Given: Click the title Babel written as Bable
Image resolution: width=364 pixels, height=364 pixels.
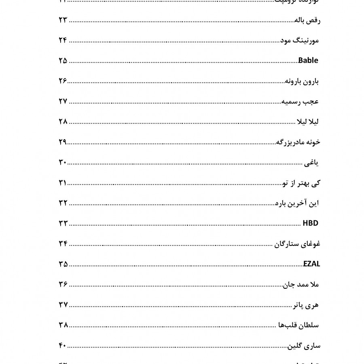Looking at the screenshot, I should [x=308, y=61].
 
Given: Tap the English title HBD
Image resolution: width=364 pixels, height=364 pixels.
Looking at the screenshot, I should [x=311, y=223].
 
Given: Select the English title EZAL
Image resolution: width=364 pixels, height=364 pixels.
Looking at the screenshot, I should [x=311, y=264].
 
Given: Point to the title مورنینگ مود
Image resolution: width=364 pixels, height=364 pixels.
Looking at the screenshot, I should [x=300, y=41].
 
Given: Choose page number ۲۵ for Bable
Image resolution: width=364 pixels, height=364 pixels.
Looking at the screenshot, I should [x=63, y=61].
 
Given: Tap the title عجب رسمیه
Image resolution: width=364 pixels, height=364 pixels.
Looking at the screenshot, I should [x=300, y=102].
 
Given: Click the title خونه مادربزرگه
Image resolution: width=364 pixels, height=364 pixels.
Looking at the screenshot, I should [x=298, y=142].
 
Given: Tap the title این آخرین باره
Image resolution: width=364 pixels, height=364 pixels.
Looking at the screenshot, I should [x=297, y=203].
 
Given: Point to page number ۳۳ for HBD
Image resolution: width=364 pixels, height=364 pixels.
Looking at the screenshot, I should [x=63, y=223].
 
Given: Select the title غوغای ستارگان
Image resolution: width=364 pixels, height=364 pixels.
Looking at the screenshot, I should [x=298, y=244].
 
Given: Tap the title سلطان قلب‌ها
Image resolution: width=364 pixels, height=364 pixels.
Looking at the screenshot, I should [x=299, y=325].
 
